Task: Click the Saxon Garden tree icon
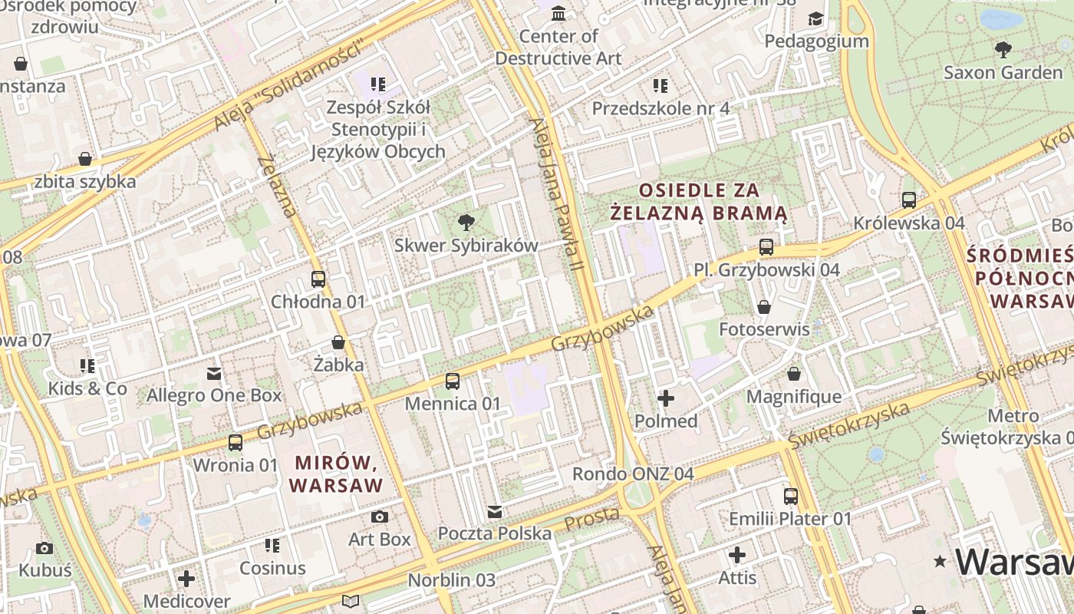1002,51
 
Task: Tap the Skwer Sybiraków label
466,246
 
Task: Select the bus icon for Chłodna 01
318,279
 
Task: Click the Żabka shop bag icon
338,342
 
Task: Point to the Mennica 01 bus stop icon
453,381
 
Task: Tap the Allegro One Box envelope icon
214,374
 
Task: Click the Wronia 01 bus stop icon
235,443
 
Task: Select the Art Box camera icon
379,517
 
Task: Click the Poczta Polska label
494,533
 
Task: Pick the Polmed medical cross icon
666,398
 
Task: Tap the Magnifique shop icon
793,374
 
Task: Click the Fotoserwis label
764,329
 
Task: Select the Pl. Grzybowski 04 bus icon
766,247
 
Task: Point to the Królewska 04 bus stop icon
909,200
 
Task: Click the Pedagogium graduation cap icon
815,18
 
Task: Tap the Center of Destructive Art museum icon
558,14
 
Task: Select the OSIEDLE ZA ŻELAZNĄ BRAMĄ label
699,201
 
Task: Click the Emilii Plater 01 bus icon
790,497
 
